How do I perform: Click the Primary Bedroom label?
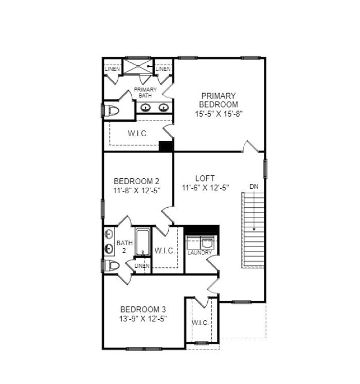pyautogui.click(x=219, y=100)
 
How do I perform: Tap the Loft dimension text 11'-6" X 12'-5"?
pyautogui.click(x=205, y=188)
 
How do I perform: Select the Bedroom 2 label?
pyautogui.click(x=136, y=181)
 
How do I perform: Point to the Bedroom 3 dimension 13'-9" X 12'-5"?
pyautogui.click(x=143, y=319)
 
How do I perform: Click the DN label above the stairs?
pyautogui.click(x=254, y=187)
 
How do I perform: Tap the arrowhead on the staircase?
pyautogui.click(x=254, y=229)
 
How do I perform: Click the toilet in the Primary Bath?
pyautogui.click(x=112, y=111)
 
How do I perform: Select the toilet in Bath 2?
pyautogui.click(x=112, y=266)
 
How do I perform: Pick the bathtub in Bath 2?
pyautogui.click(x=142, y=242)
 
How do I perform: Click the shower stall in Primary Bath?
pyautogui.click(x=138, y=66)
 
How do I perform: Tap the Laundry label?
pyautogui.click(x=200, y=252)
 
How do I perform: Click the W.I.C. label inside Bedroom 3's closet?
pyautogui.click(x=200, y=323)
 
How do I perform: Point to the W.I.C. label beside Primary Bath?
pyautogui.click(x=138, y=134)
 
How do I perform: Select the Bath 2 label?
pyautogui.click(x=124, y=247)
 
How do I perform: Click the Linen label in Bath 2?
pyautogui.click(x=142, y=266)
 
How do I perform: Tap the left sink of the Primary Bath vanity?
pyautogui.click(x=146, y=108)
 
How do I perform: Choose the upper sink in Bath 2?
pyautogui.click(x=109, y=234)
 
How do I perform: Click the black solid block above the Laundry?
pyautogui.click(x=202, y=230)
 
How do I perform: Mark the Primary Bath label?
pyautogui.click(x=145, y=93)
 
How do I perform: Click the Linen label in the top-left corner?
pyautogui.click(x=112, y=69)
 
